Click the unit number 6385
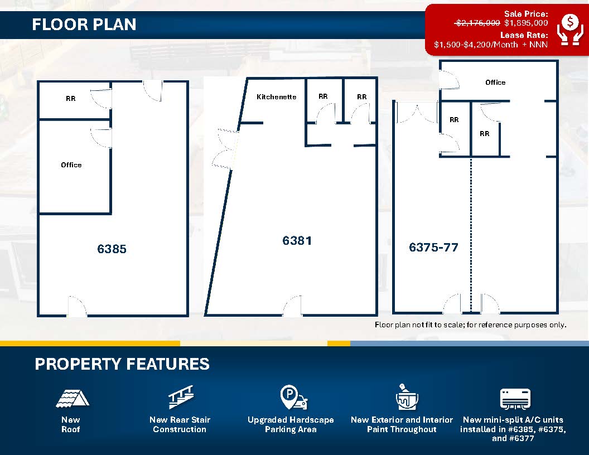tap(112, 249)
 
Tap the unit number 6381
tap(297, 241)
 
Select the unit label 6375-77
tap(433, 248)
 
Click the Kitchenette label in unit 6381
tap(277, 97)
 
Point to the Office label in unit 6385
tap(71, 165)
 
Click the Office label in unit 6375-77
tap(495, 82)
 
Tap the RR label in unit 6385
tap(71, 98)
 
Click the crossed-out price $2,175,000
tap(477, 23)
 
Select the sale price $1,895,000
tap(526, 23)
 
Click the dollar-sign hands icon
tap(570, 30)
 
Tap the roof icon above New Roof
tap(73, 399)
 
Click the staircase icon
tap(181, 397)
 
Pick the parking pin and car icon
tap(293, 397)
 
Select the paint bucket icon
tap(407, 397)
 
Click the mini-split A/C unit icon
tap(515, 399)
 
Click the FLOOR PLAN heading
tap(84, 25)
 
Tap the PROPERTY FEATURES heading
tap(122, 364)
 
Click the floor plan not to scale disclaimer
tap(471, 325)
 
